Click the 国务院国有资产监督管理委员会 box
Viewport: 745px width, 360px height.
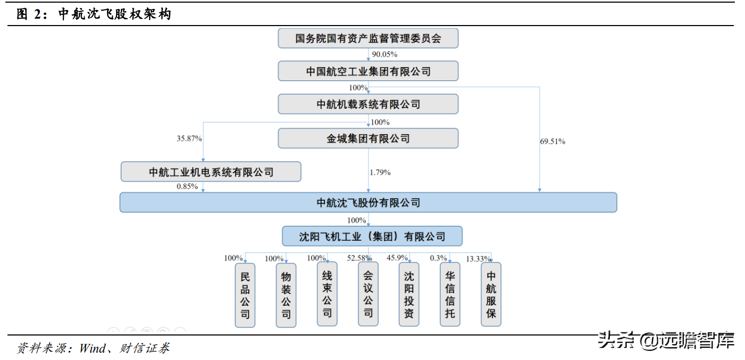(x=368, y=38)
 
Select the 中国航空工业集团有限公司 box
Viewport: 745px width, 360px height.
(x=368, y=71)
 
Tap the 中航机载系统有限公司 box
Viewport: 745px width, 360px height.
(x=368, y=104)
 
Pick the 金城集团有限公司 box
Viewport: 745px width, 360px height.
(x=368, y=138)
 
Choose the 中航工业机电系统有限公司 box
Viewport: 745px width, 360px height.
(x=211, y=171)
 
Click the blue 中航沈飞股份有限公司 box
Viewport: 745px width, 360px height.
(x=368, y=202)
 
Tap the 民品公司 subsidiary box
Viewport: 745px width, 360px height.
(x=245, y=294)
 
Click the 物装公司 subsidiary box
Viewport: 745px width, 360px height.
(x=286, y=294)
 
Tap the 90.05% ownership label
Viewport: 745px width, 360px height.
(x=384, y=54)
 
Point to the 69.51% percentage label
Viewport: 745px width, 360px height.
(x=552, y=141)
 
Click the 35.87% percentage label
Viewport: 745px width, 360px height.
(x=189, y=138)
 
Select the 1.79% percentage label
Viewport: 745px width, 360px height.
(x=380, y=172)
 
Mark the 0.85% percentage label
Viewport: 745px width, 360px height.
(x=187, y=186)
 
